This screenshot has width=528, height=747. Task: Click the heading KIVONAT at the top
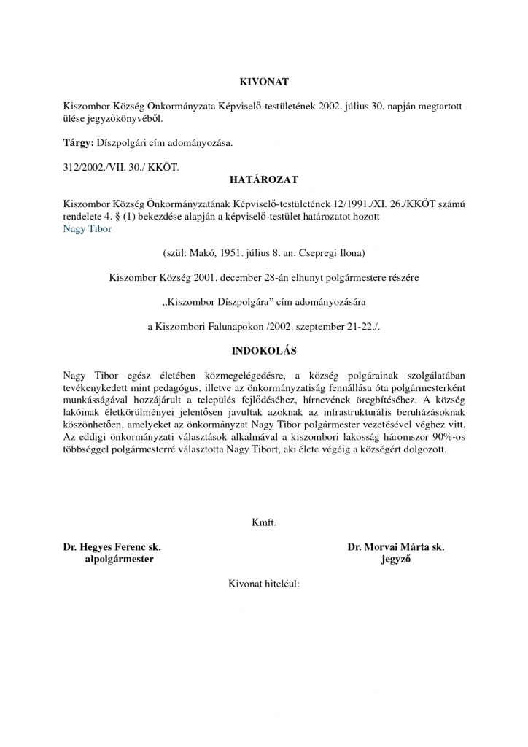[263, 83]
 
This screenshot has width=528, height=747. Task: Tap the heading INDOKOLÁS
[263, 351]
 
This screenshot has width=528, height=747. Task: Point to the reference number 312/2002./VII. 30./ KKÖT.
[120, 167]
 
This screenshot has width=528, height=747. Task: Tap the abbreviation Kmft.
[263, 522]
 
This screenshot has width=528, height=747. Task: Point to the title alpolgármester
[120, 559]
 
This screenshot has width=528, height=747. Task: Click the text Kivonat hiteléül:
[263, 584]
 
